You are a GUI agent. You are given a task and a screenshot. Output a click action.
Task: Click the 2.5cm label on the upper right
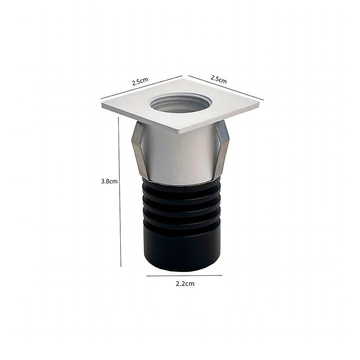click(x=219, y=79)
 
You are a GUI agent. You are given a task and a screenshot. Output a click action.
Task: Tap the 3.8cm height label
click(x=109, y=181)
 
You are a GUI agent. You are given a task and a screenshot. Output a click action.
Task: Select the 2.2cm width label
click(x=185, y=284)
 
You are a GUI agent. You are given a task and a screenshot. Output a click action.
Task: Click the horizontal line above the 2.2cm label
click(x=184, y=275)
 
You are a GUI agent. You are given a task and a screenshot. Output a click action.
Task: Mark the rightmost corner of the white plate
click(x=259, y=103)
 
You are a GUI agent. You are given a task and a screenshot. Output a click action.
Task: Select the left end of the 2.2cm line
click(x=147, y=276)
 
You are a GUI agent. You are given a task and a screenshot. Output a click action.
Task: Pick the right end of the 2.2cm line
click(x=222, y=275)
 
